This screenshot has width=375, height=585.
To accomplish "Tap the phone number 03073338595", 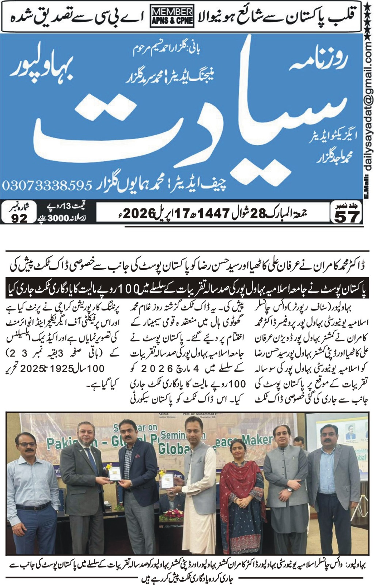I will coord(47,185).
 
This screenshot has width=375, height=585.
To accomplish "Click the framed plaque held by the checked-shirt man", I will coord(114,474).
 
